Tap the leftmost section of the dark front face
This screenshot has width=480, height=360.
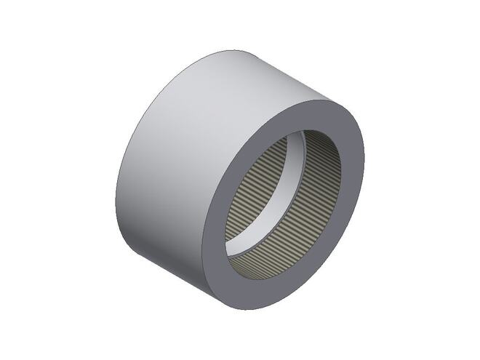(x=213, y=233)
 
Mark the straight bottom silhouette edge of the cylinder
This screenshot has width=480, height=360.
(x=182, y=280)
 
